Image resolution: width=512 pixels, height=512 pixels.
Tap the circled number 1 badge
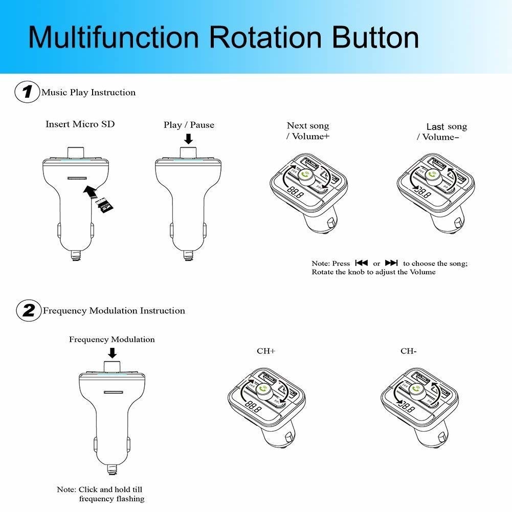pyautogui.click(x=28, y=93)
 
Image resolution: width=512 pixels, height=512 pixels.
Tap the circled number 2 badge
pyautogui.click(x=28, y=310)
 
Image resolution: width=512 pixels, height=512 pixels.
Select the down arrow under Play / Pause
pyautogui.click(x=188, y=139)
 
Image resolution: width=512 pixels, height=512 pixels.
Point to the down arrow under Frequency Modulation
pyautogui.click(x=112, y=353)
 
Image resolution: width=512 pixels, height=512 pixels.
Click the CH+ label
pyautogui.click(x=265, y=351)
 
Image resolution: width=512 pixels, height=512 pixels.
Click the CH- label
pyautogui.click(x=408, y=351)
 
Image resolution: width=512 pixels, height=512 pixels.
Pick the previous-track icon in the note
pyautogui.click(x=361, y=263)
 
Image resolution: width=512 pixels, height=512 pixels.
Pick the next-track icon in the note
pyautogui.click(x=391, y=263)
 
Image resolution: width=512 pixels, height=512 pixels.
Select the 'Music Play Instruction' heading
pyautogui.click(x=88, y=93)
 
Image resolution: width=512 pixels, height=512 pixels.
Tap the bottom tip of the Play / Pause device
pyautogui.click(x=188, y=254)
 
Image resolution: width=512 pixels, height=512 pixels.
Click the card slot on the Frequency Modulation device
pyautogui.click(x=113, y=392)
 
